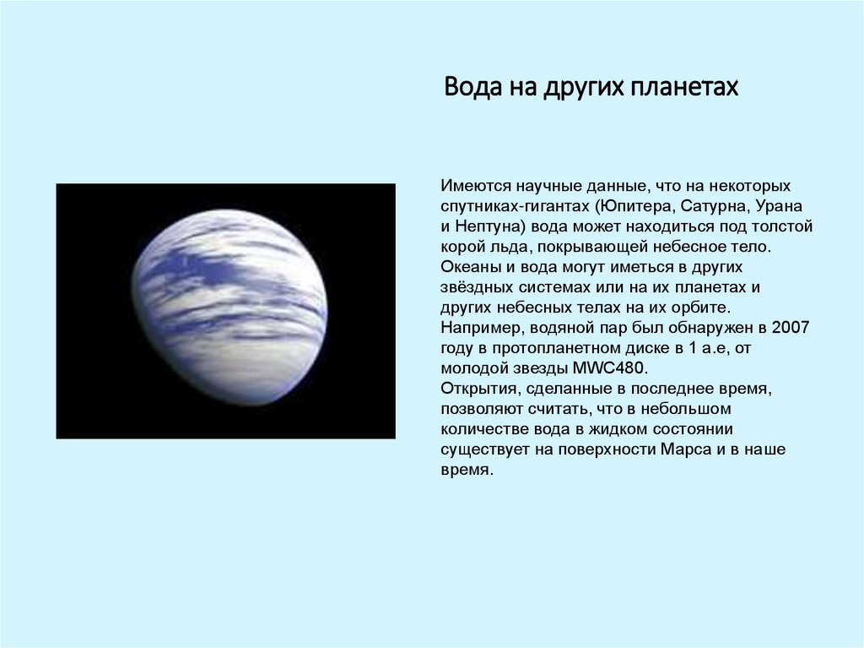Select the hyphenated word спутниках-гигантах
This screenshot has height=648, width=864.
click(515, 205)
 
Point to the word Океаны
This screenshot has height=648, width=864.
click(467, 267)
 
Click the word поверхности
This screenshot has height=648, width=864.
click(603, 450)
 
